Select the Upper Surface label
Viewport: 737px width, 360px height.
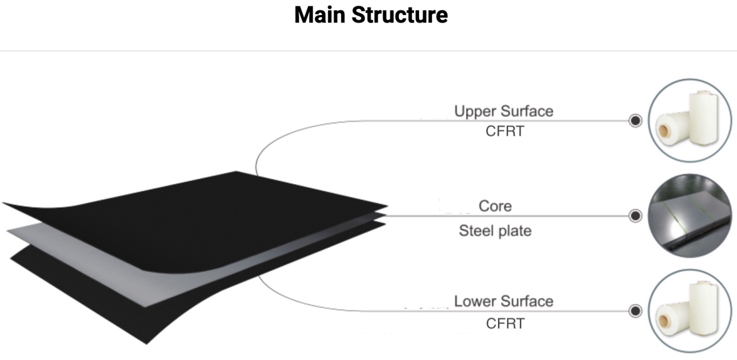(x=503, y=111)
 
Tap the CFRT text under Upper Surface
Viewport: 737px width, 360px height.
(x=505, y=131)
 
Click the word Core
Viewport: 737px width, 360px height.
(x=495, y=206)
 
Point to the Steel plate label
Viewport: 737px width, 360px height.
(x=495, y=231)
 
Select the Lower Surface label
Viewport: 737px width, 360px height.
(x=503, y=301)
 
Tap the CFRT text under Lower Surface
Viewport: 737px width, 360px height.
(x=505, y=323)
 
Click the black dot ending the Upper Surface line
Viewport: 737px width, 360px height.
(x=635, y=121)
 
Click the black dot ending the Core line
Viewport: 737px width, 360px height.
(x=635, y=216)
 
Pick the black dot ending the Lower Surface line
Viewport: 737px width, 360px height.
(x=635, y=311)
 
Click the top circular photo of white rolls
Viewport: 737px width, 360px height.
(x=690, y=120)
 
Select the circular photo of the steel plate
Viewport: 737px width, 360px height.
(x=690, y=216)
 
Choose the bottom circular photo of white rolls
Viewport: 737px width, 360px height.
(x=690, y=311)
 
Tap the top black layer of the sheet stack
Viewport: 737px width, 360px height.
(x=202, y=202)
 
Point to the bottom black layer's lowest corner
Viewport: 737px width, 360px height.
(x=147, y=342)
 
